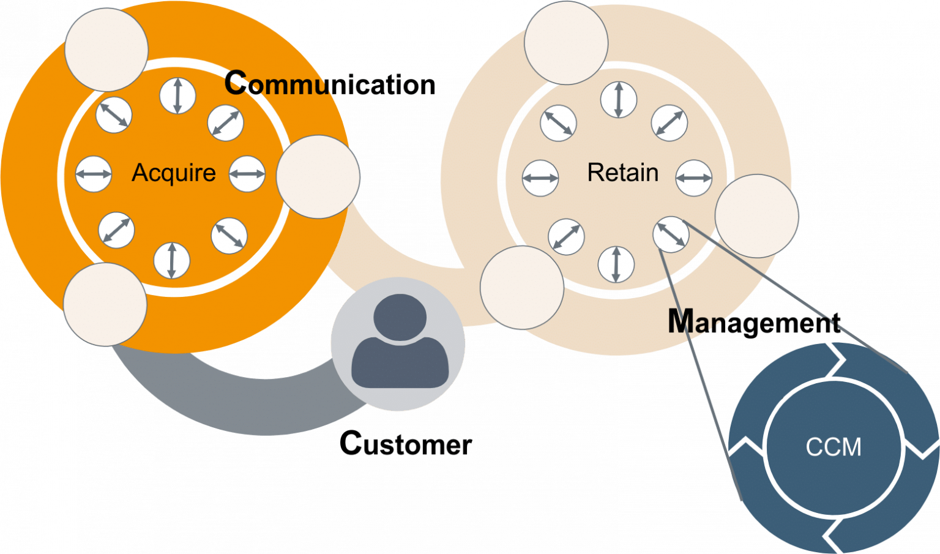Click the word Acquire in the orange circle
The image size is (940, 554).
tap(174, 173)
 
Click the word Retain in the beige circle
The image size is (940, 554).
tap(622, 173)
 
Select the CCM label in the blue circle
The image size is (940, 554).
tap(834, 447)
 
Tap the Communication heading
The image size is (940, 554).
tap(330, 84)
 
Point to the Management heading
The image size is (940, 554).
tap(753, 322)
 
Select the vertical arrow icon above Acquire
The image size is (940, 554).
tap(177, 96)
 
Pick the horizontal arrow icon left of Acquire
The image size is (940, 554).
tap(94, 174)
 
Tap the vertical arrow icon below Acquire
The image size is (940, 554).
tap(172, 260)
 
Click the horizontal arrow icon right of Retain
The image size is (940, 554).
tap(694, 178)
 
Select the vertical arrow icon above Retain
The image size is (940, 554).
tap(619, 100)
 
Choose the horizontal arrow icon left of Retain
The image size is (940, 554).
tap(541, 178)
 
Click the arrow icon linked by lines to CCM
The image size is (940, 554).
tap(671, 234)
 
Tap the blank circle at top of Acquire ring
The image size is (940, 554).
tap(106, 49)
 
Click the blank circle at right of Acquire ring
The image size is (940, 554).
tap(318, 177)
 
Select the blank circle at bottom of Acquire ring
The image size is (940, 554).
tap(105, 304)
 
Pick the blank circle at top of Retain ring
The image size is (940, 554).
tap(566, 43)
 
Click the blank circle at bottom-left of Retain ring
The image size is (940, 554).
tap(522, 288)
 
